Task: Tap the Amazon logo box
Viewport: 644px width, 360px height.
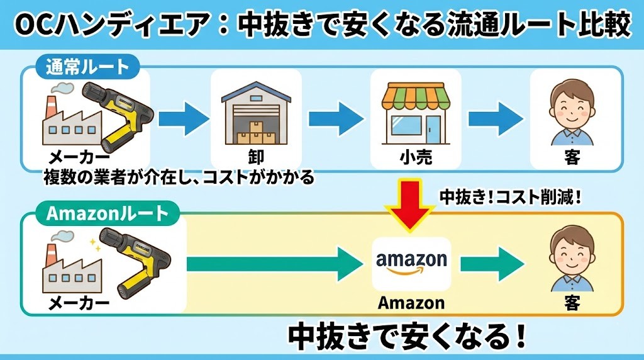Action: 411,263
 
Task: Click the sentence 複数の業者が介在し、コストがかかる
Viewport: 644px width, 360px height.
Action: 179,178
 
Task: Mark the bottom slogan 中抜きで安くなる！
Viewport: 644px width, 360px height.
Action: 407,337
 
